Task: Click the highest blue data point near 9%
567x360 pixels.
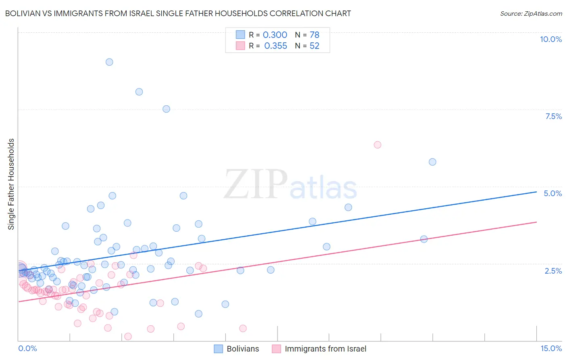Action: pyautogui.click(x=109, y=62)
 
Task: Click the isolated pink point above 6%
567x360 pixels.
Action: pyautogui.click(x=377, y=145)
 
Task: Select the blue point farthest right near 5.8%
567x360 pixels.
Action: pyautogui.click(x=432, y=162)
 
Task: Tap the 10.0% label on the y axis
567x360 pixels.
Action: pyautogui.click(x=550, y=39)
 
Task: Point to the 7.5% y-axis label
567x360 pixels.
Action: pyautogui.click(x=553, y=116)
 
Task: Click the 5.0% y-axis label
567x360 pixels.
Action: pyautogui.click(x=552, y=193)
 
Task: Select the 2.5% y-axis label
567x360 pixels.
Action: pyautogui.click(x=553, y=271)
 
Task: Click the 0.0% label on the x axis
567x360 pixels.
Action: pyautogui.click(x=27, y=348)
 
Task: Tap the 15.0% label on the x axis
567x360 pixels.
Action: pyautogui.click(x=551, y=348)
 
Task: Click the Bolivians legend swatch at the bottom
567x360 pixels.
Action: pyautogui.click(x=219, y=349)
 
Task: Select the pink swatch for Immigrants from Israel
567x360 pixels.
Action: pyautogui.click(x=276, y=349)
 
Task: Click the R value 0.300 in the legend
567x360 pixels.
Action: pyautogui.click(x=275, y=35)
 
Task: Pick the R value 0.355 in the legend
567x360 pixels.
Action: pyautogui.click(x=275, y=46)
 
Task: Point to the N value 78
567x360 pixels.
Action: pyautogui.click(x=315, y=35)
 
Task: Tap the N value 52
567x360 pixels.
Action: pyautogui.click(x=315, y=46)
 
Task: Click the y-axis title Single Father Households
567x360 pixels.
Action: pyautogui.click(x=11, y=184)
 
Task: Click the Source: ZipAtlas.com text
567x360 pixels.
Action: pyautogui.click(x=531, y=14)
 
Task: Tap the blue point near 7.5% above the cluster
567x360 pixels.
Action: pyautogui.click(x=166, y=109)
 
